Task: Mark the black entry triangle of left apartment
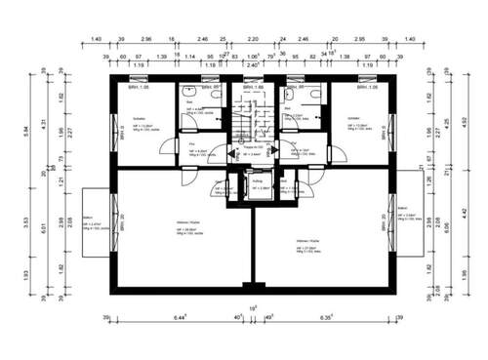[x=231, y=153]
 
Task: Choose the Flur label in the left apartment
[x=190, y=142]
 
